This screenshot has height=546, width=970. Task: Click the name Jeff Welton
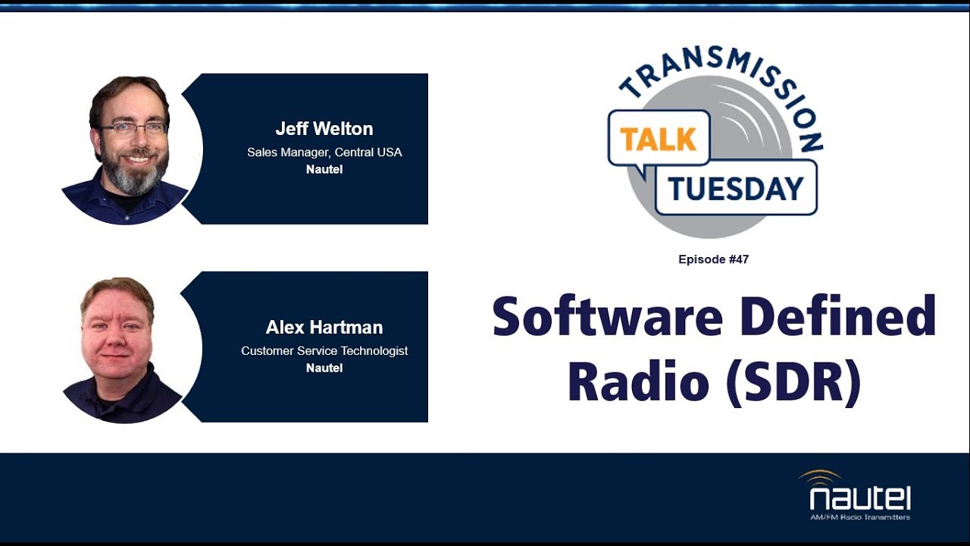(x=324, y=129)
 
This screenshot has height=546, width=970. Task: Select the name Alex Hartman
(x=324, y=328)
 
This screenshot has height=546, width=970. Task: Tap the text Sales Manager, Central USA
(x=324, y=152)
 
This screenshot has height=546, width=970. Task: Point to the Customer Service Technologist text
(x=324, y=351)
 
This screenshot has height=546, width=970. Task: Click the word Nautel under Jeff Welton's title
(x=324, y=169)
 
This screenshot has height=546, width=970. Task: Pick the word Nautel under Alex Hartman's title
(x=324, y=368)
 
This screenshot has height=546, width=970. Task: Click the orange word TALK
(x=658, y=139)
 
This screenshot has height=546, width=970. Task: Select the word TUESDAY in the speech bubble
(x=735, y=187)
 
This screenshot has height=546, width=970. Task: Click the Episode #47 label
(x=713, y=259)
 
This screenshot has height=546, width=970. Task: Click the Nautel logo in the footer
(x=859, y=499)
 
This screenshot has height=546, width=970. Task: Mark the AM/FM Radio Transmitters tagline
(x=860, y=517)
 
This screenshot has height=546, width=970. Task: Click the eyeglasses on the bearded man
(x=133, y=128)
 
